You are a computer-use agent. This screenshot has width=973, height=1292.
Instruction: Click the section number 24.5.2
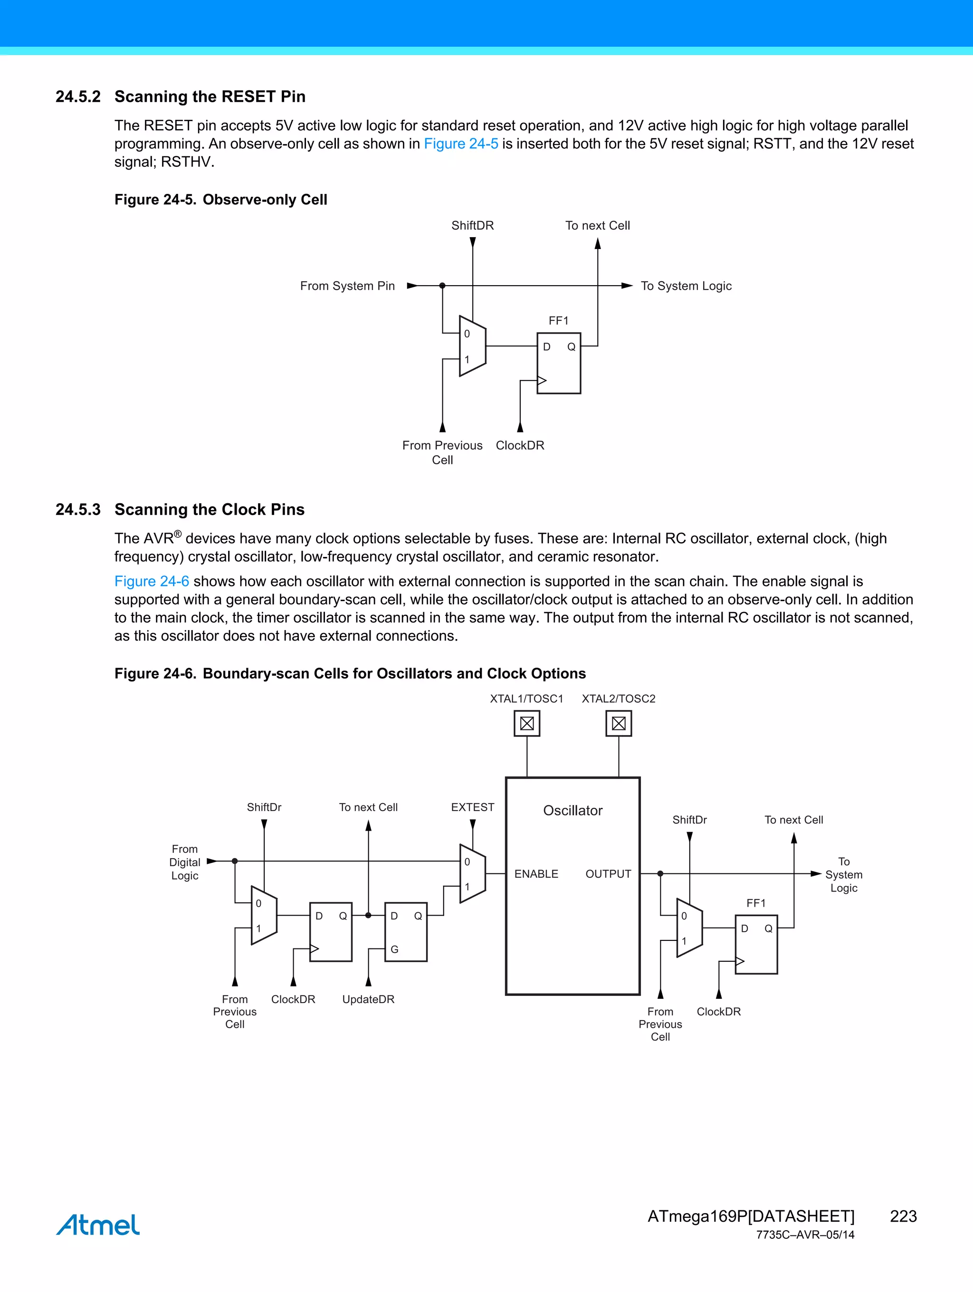[x=77, y=96]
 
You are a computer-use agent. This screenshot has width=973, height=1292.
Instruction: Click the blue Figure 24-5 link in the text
[x=460, y=144]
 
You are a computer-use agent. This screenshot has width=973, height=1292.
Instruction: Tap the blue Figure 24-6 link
[x=151, y=581]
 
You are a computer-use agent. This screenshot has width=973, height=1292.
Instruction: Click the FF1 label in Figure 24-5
[x=558, y=321]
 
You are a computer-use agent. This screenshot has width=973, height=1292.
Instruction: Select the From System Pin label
[x=347, y=286]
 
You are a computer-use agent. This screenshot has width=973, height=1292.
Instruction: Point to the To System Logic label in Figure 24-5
[x=686, y=286]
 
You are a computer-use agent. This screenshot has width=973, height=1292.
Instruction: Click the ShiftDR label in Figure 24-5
[x=472, y=225]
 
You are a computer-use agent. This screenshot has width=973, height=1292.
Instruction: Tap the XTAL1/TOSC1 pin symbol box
[x=527, y=724]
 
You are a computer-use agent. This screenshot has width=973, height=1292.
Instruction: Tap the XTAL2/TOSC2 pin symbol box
[x=619, y=724]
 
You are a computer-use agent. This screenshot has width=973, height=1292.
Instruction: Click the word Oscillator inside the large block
[x=572, y=811]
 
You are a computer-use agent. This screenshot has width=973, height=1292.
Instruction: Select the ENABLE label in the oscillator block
[x=536, y=874]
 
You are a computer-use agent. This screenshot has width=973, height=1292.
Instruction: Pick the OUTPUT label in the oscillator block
[x=608, y=874]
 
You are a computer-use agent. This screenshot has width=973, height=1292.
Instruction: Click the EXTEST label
[x=472, y=807]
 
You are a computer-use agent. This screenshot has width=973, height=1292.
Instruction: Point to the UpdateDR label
[x=368, y=999]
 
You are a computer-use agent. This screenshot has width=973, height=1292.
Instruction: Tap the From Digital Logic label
[x=184, y=862]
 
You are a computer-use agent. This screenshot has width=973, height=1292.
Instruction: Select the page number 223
[x=903, y=1216]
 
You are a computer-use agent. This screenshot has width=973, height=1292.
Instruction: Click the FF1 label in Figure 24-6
[x=756, y=903]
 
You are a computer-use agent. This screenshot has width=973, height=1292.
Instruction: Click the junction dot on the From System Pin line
[x=442, y=286]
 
